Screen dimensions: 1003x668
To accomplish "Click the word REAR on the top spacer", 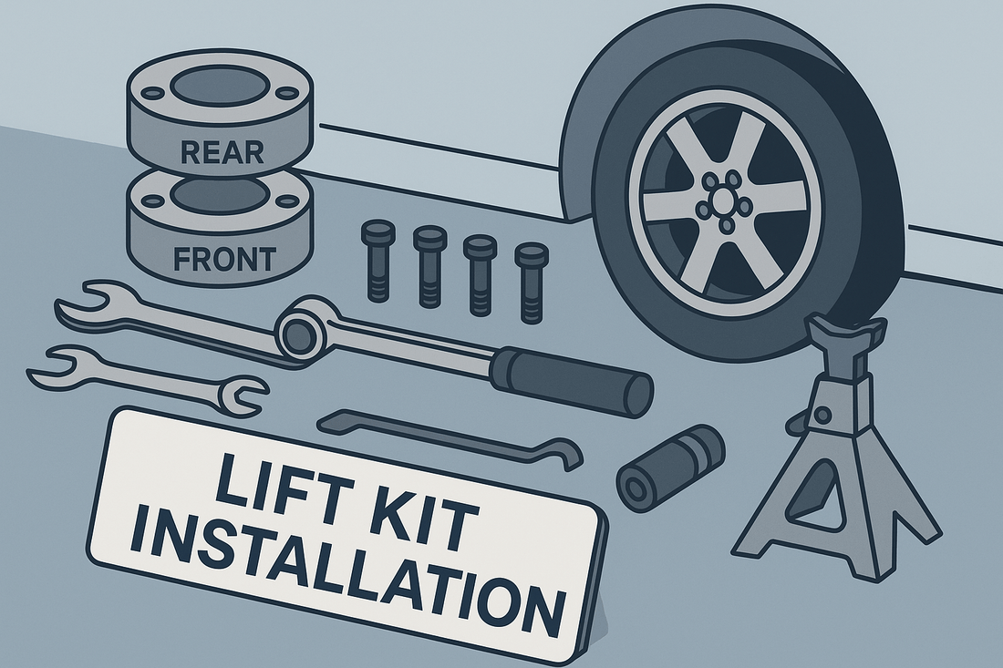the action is point(222,152).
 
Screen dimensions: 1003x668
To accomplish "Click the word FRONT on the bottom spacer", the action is point(224,260).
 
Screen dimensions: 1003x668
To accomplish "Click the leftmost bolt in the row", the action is point(377,258).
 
